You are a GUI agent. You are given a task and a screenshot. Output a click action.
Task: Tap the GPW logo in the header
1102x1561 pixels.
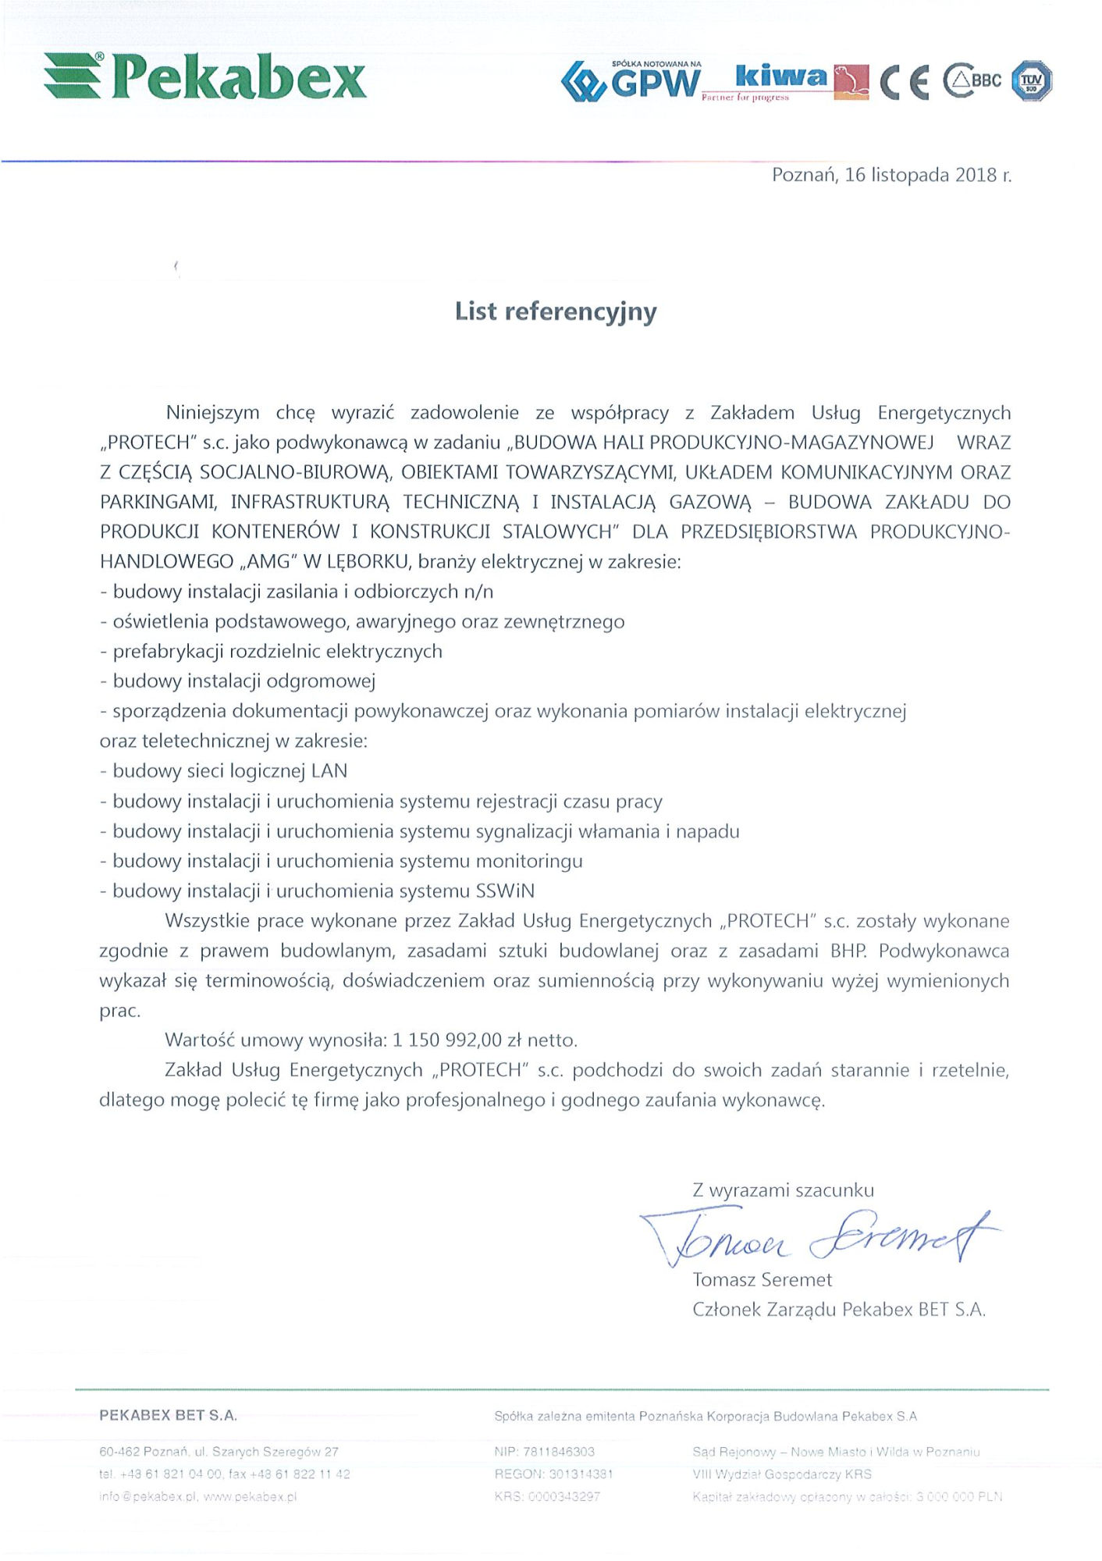pos(632,80)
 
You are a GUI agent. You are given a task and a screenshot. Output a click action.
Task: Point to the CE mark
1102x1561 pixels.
pos(905,82)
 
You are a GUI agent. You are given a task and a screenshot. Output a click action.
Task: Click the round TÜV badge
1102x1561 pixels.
pos(1031,80)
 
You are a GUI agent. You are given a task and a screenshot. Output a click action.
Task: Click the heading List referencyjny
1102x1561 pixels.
pos(556,311)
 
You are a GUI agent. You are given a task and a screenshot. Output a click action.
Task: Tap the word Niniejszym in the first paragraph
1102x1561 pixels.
pos(212,413)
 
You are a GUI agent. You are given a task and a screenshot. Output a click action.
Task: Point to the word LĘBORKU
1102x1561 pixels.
pos(367,562)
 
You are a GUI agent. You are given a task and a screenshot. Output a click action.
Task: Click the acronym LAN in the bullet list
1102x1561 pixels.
pos(329,771)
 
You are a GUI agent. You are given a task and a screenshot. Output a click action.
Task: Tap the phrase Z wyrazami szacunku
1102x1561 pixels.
pos(783,1190)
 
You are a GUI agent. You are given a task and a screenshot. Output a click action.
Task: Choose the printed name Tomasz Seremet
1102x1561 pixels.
pos(762,1280)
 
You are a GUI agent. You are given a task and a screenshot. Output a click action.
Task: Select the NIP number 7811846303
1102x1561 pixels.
pos(559,1452)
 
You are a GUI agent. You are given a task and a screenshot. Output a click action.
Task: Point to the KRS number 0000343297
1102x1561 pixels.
pos(563,1497)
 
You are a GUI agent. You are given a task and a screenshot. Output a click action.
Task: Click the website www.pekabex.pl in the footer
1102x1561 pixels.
pos(250,1497)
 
